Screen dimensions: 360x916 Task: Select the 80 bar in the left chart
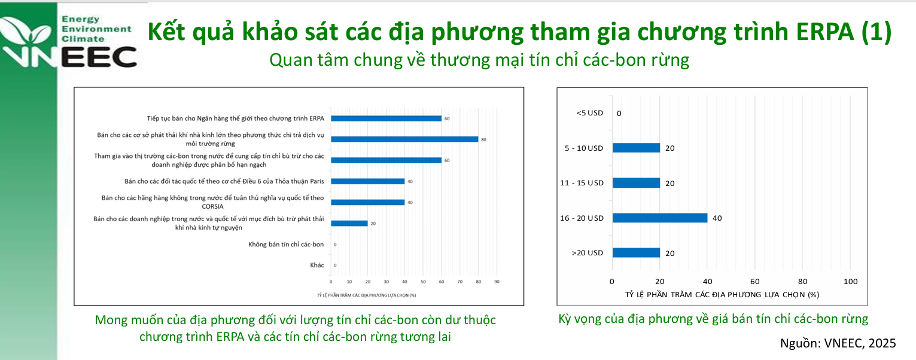pos(404,139)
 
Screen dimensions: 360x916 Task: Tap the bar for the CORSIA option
pos(367,202)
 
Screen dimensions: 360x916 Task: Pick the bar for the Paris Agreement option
pos(367,181)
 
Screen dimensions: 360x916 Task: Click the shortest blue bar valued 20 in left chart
pos(349,223)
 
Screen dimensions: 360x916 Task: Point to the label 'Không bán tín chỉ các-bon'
pos(286,244)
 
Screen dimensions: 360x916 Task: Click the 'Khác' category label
pos(317,265)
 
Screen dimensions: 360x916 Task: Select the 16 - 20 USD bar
pos(659,218)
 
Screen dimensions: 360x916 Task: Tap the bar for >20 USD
pos(635,253)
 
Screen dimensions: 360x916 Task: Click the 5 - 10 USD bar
pos(635,148)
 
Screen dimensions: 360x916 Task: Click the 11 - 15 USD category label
pos(582,183)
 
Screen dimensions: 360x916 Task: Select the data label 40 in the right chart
pos(717,218)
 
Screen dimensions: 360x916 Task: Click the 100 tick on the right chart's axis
pos(850,282)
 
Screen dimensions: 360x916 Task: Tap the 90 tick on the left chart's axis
pos(497,281)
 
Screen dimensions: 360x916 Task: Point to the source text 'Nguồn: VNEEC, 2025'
pos(838,343)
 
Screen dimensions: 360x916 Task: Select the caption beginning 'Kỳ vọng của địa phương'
pos(713,319)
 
